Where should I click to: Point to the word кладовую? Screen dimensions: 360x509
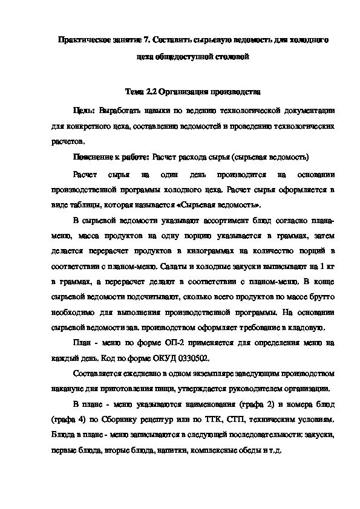pos(307,327)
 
